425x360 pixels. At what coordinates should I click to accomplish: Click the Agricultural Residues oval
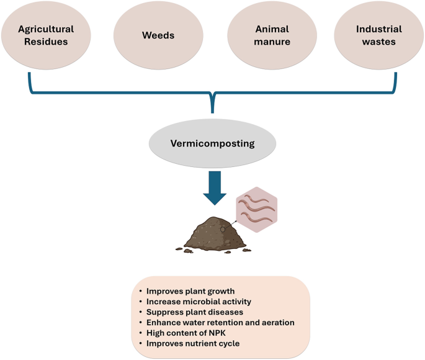pos(46,35)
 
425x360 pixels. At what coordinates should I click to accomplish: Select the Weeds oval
pos(159,35)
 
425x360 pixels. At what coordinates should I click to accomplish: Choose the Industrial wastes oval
pos(378,35)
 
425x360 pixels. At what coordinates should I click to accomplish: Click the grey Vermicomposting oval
pos(212,143)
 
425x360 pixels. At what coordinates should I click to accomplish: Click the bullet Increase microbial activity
pos(194,301)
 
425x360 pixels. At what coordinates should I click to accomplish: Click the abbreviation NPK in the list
pos(219,333)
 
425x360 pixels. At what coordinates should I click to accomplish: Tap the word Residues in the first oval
pos(46,42)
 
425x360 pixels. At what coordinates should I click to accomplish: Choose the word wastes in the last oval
pos(378,42)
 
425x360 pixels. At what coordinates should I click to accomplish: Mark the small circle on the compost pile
pos(223,228)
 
